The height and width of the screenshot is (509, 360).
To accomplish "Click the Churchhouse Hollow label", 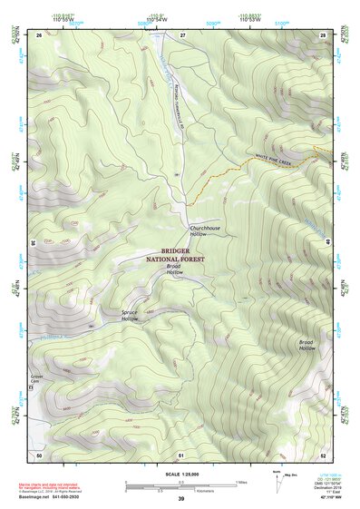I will [205, 231].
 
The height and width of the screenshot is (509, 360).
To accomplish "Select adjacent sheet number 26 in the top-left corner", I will [39, 34].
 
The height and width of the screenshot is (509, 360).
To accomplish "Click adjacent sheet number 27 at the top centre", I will [182, 34].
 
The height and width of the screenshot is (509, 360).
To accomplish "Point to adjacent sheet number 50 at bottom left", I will [39, 454].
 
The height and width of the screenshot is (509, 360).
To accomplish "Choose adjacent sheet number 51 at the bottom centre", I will [181, 454].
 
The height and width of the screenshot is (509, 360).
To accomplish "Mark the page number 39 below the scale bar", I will [180, 498].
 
